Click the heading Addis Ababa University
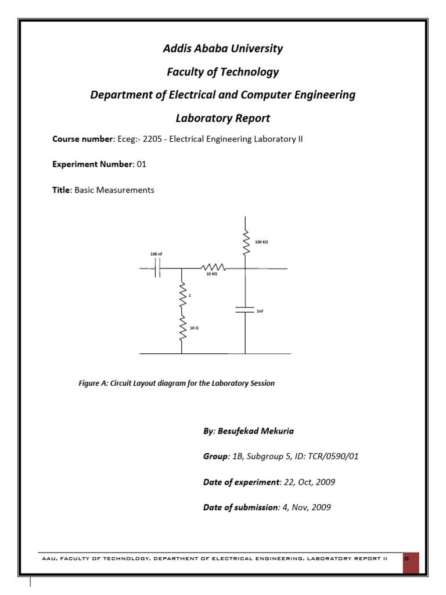[223, 49]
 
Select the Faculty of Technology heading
[223, 72]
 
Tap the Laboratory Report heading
[223, 119]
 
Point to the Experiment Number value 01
[141, 164]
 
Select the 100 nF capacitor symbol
[157, 268]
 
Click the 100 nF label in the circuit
[157, 255]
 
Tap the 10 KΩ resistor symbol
[210, 268]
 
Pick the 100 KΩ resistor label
[261, 241]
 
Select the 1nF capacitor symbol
[245, 309]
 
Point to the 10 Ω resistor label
[195, 328]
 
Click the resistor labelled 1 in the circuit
[182, 296]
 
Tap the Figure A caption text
[177, 383]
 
